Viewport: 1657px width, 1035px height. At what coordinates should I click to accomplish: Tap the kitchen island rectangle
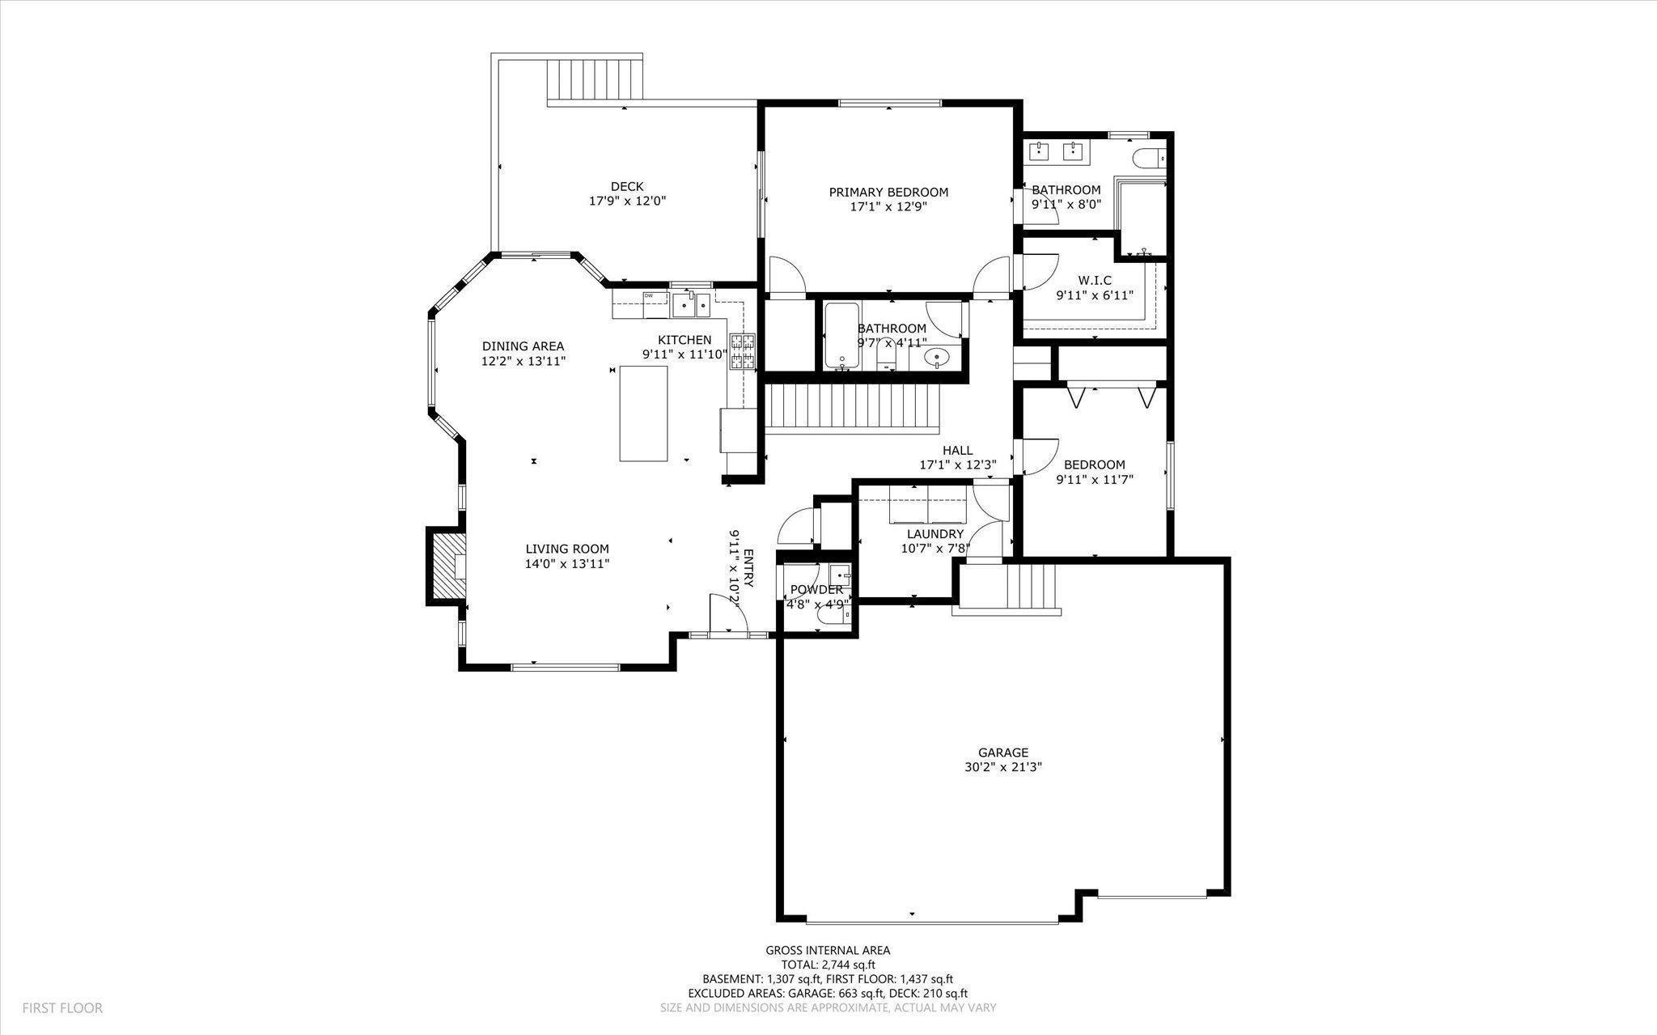[644, 414]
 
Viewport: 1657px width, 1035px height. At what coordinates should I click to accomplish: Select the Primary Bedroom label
[888, 192]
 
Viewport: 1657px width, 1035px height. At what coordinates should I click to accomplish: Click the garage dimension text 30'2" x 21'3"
[1002, 766]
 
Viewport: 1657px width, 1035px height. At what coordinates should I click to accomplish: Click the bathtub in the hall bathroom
[842, 336]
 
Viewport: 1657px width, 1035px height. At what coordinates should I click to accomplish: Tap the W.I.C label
[1095, 281]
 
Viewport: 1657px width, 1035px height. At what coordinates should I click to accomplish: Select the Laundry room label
[935, 534]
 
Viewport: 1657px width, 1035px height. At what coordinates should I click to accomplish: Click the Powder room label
[816, 590]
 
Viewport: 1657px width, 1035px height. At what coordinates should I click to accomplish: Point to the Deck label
[627, 187]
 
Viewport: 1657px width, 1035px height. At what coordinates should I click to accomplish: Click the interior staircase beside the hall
[853, 409]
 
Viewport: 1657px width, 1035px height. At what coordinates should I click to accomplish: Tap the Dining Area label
[523, 346]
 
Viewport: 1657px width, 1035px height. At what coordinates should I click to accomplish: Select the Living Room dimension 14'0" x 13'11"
[566, 563]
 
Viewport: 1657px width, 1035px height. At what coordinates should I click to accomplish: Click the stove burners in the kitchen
[743, 352]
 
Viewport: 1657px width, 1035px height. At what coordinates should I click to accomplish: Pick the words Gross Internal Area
[828, 951]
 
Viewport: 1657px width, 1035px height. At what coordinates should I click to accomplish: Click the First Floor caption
[62, 1008]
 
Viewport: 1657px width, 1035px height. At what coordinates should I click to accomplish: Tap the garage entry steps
[1007, 588]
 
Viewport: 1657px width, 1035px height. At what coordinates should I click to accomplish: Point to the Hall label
[957, 451]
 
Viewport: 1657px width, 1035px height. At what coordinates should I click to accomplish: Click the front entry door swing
[728, 614]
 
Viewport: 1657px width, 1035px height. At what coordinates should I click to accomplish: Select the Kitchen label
[684, 340]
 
